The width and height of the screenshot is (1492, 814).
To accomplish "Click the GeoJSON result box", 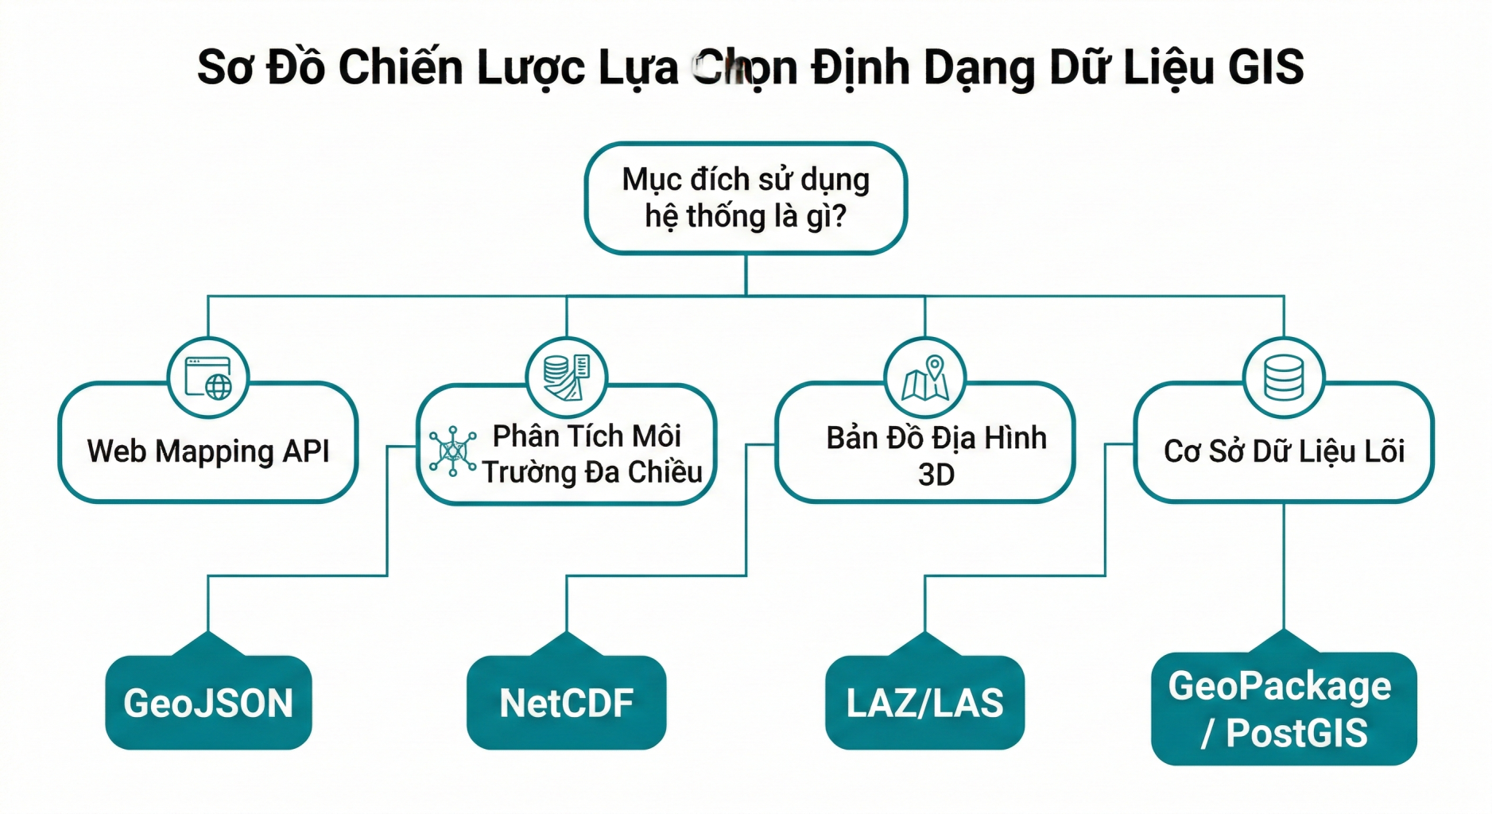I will (x=208, y=703).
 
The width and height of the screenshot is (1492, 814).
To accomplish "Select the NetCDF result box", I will (x=566, y=703).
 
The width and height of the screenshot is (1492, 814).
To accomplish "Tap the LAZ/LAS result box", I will (x=924, y=703).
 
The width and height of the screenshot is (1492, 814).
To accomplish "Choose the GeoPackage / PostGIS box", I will (x=1283, y=709).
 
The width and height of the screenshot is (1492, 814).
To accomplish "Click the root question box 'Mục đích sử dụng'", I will (x=746, y=198).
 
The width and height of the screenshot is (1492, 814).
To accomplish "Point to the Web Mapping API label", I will (x=208, y=451).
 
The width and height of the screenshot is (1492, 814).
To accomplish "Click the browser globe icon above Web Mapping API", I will (x=208, y=378).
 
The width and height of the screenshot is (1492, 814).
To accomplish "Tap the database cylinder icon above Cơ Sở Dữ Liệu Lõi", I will (x=1283, y=378).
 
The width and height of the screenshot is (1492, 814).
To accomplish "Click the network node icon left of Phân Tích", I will (x=452, y=451).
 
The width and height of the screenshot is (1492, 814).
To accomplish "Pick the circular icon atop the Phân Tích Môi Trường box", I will (x=566, y=378).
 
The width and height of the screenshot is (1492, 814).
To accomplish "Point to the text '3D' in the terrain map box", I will (x=936, y=475).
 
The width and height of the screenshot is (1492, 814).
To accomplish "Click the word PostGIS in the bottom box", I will (x=1296, y=733).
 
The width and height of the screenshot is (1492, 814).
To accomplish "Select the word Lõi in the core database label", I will (x=1384, y=451).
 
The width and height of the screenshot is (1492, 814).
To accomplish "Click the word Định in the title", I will (x=861, y=67).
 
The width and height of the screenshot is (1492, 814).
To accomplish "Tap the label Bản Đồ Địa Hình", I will (x=936, y=438).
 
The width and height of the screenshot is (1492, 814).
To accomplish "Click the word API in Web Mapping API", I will (x=306, y=451).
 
